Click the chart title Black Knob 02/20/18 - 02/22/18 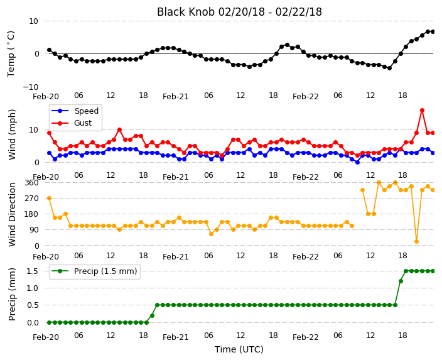[x=239, y=12]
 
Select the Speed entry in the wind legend [x=75, y=111]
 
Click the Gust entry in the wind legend [x=72, y=123]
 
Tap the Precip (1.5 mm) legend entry [x=94, y=271]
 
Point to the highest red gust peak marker [x=422, y=111]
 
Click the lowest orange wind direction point [x=417, y=241]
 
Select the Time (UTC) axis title [x=239, y=349]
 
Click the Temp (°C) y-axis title [x=11, y=54]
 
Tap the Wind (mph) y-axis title [x=12, y=134]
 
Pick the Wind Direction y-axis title [x=12, y=214]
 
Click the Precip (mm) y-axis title [x=12, y=294]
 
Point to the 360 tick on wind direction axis [x=31, y=183]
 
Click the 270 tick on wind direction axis [x=31, y=199]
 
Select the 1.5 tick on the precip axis [x=33, y=271]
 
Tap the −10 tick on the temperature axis [x=30, y=87]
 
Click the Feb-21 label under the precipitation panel [x=176, y=337]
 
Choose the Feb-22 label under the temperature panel [x=306, y=97]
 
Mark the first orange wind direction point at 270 [x=50, y=199]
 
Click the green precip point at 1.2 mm [x=401, y=281]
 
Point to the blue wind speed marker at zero [x=357, y=162]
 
